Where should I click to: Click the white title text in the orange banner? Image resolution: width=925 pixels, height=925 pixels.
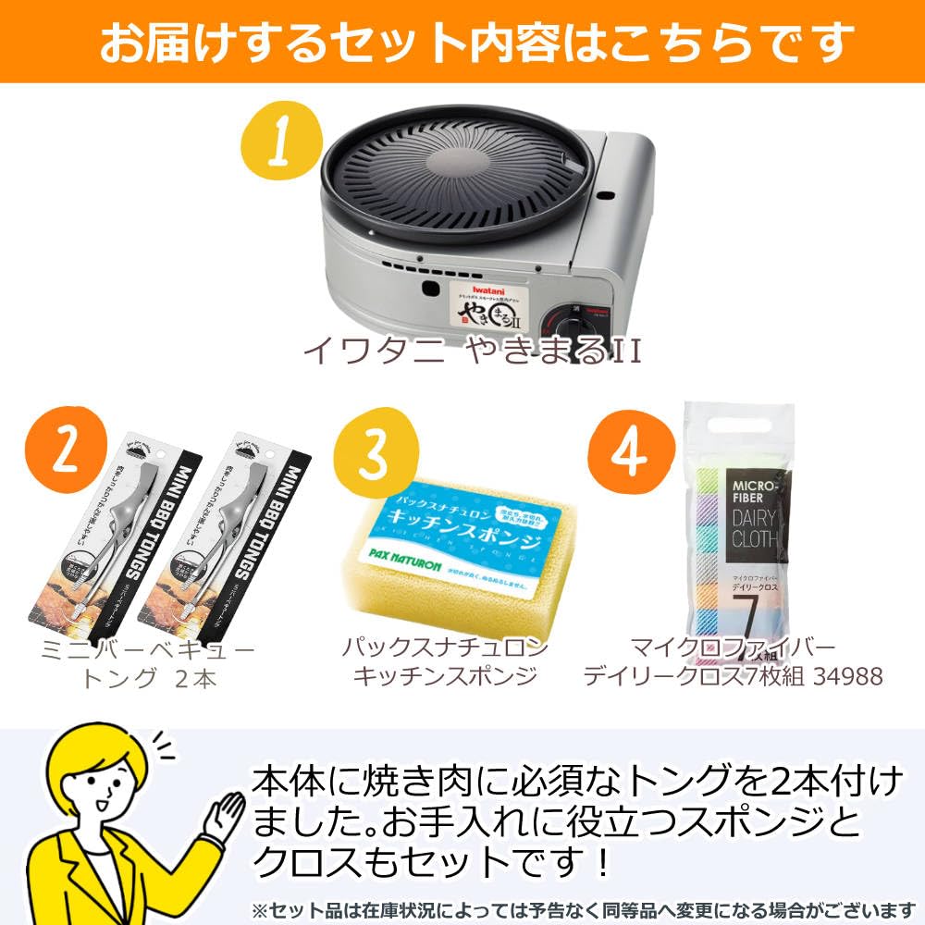[x=462, y=42]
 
